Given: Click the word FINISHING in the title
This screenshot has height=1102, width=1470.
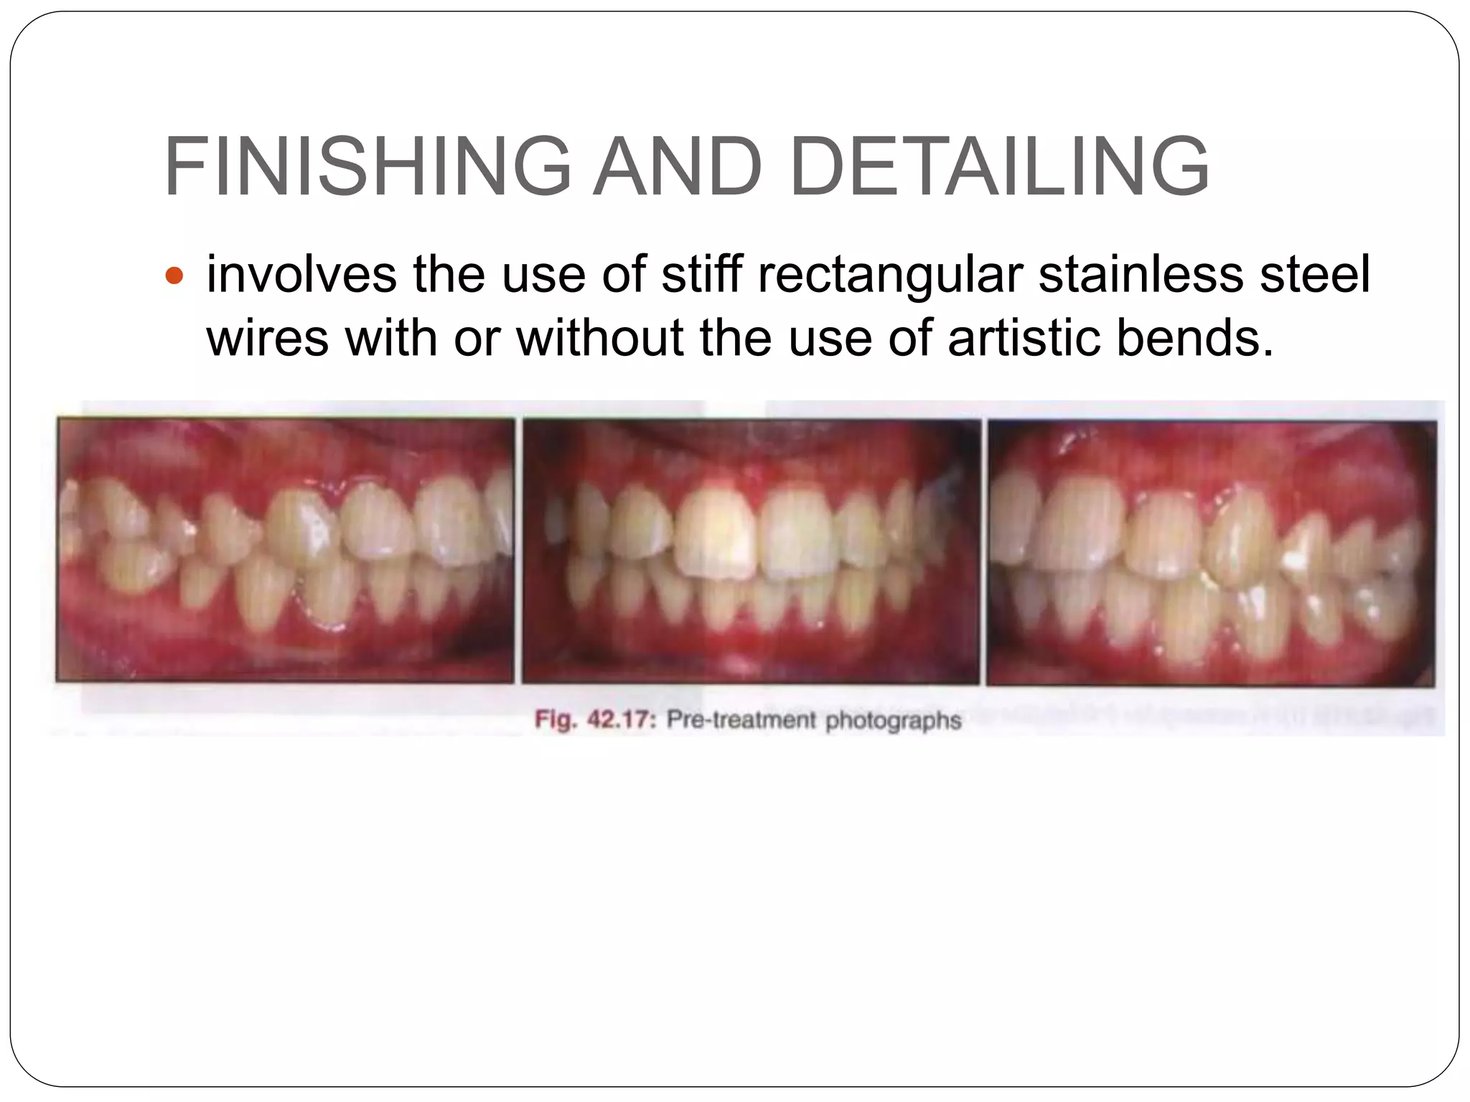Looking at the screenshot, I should [367, 167].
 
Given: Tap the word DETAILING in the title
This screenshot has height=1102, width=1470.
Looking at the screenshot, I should [999, 167].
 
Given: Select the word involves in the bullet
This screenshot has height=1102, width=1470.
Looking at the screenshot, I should [301, 274].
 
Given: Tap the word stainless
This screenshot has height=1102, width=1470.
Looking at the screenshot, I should [1139, 274].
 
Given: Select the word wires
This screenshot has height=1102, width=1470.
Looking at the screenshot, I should [268, 337].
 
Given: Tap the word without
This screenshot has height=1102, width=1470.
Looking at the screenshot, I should [599, 337].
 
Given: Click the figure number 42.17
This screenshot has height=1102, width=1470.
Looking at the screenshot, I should [622, 720].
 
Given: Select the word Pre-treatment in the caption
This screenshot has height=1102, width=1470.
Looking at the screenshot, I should [741, 720].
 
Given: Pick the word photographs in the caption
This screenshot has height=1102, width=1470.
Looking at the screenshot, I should [892, 721].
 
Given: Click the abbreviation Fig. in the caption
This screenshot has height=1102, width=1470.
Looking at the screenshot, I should [556, 720].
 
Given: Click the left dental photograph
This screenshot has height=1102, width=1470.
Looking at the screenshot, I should [286, 551].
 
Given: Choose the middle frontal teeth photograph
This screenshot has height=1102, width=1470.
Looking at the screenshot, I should [751, 551].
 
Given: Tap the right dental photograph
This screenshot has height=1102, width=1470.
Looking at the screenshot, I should [1212, 552].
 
